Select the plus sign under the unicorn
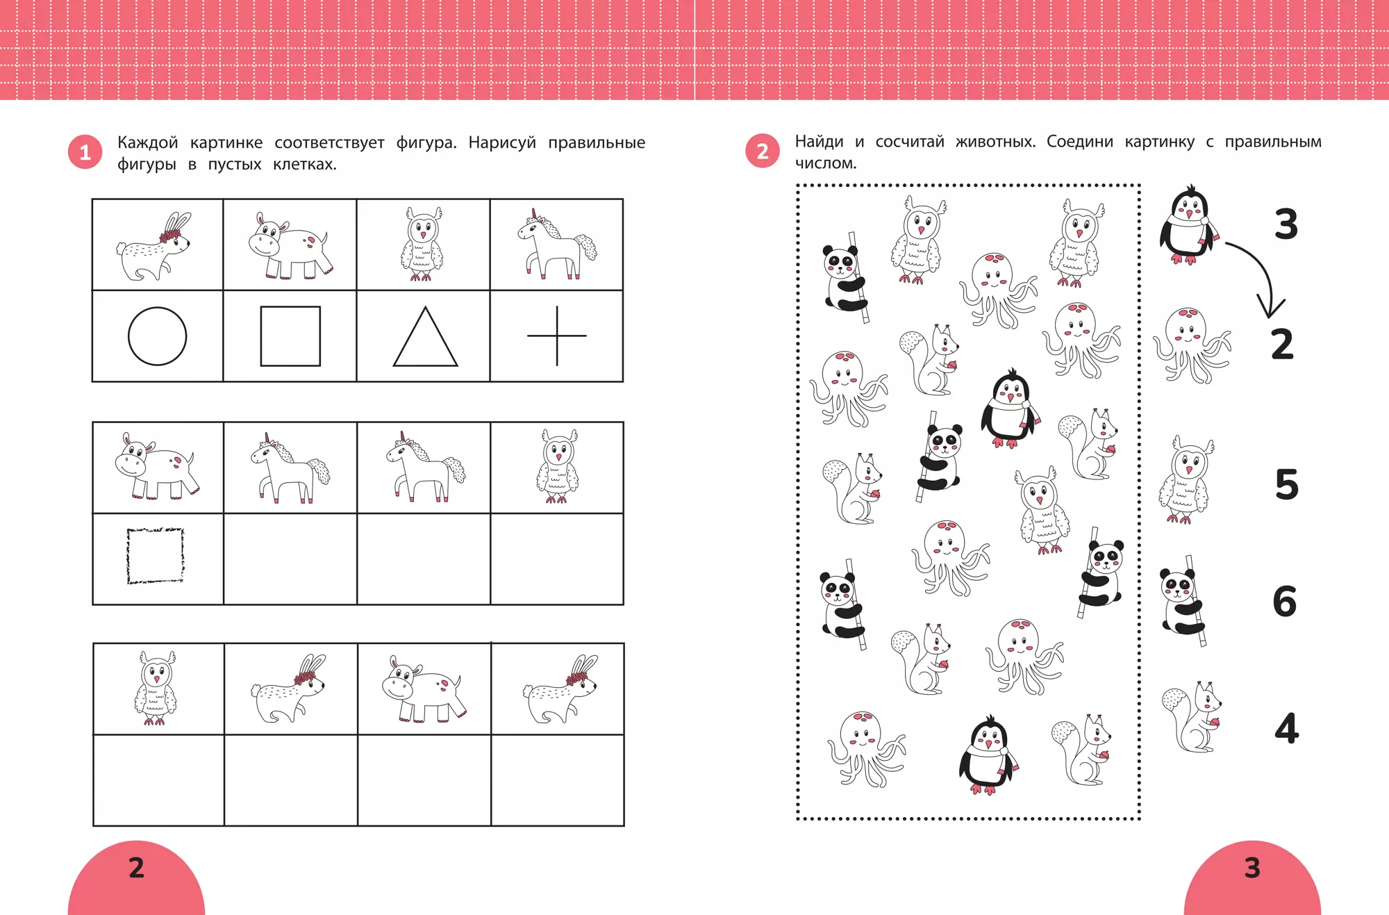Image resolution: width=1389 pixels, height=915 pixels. pyautogui.click(x=557, y=336)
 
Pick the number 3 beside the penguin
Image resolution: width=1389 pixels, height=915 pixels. pyautogui.click(x=1286, y=224)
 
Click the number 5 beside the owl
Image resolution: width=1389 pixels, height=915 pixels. pyautogui.click(x=1287, y=484)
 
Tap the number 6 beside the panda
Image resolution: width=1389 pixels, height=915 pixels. pyautogui.click(x=1285, y=601)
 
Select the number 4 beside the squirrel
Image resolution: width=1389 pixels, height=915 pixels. pyautogui.click(x=1287, y=728)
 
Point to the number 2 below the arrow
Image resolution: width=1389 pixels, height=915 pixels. pyautogui.click(x=1283, y=344)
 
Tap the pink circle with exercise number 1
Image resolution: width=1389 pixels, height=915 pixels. pyautogui.click(x=85, y=152)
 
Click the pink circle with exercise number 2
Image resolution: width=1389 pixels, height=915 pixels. pyautogui.click(x=763, y=151)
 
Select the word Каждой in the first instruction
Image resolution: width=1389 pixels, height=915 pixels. pyautogui.click(x=147, y=143)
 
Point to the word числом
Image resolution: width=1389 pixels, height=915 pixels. pyautogui.click(x=826, y=163)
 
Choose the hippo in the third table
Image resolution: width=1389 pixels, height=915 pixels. pyautogui.click(x=424, y=689)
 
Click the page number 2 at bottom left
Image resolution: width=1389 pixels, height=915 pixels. pyautogui.click(x=137, y=868)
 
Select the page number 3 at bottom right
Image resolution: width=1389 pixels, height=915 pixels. pyautogui.click(x=1252, y=868)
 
